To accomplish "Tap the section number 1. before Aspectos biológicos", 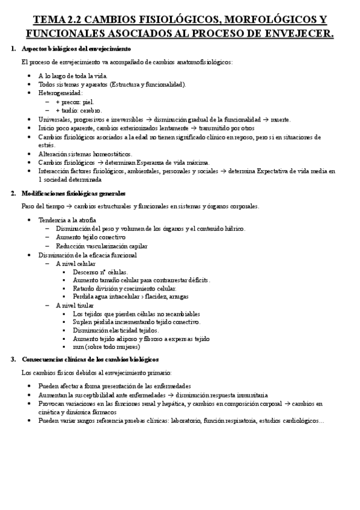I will (14, 48).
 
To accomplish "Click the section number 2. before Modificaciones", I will (14, 193).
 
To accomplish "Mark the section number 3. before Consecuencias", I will (14, 359).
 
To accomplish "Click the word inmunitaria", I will (246, 395).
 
